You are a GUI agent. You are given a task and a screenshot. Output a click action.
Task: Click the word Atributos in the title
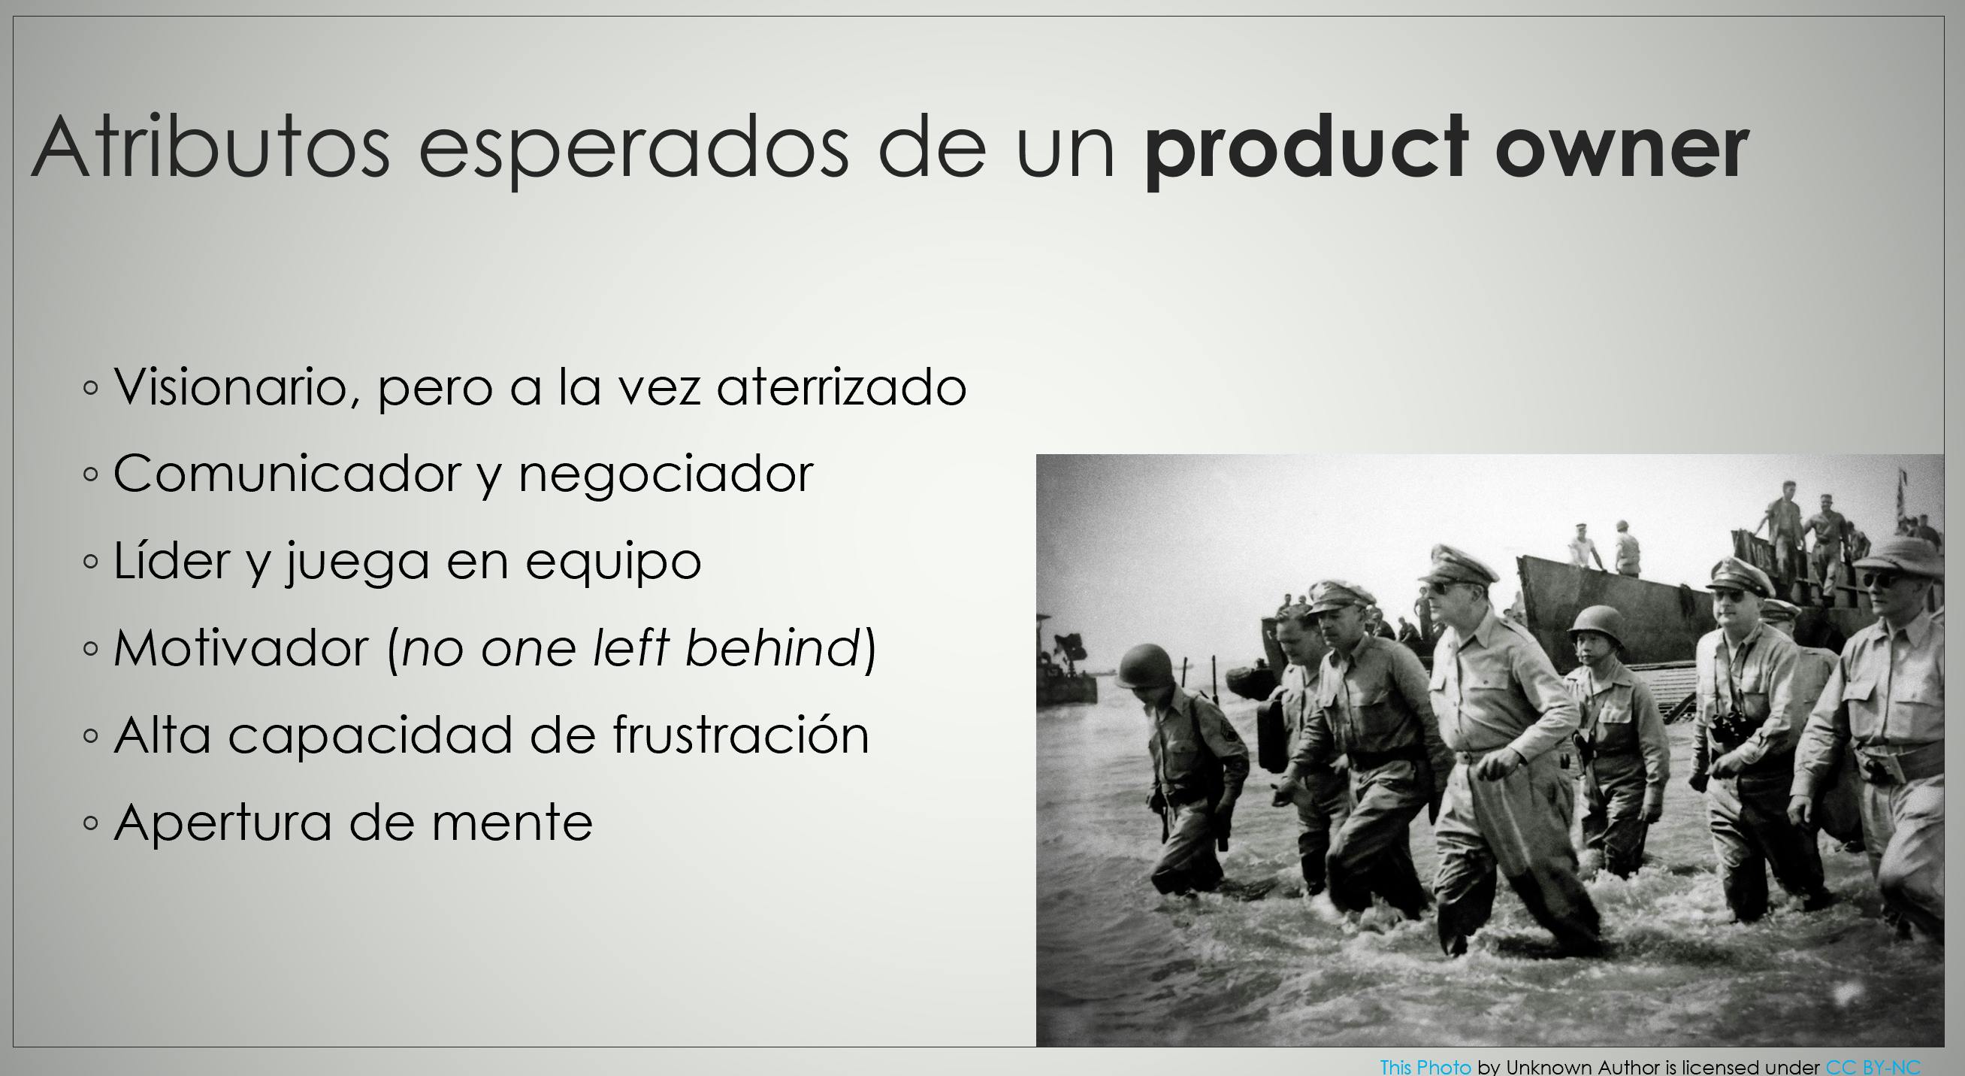tap(211, 146)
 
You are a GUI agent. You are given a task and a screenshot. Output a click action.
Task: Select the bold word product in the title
tap(1306, 149)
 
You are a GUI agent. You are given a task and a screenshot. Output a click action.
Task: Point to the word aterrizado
tap(842, 386)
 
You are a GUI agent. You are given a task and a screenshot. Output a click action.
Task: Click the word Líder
tap(171, 560)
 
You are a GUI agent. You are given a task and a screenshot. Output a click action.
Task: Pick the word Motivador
tap(241, 648)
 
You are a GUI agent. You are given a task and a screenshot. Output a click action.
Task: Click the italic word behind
tap(772, 647)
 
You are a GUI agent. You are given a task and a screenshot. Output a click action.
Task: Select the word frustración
tap(741, 734)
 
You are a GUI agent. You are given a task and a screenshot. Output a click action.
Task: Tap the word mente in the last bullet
tap(512, 823)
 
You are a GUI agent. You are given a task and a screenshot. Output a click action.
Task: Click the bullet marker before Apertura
tap(91, 823)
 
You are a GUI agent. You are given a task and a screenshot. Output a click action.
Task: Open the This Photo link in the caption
tap(1425, 1066)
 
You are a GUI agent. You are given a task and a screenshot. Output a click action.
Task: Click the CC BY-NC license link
tap(1873, 1066)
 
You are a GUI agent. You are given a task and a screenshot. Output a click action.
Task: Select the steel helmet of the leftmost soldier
tap(1146, 666)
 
